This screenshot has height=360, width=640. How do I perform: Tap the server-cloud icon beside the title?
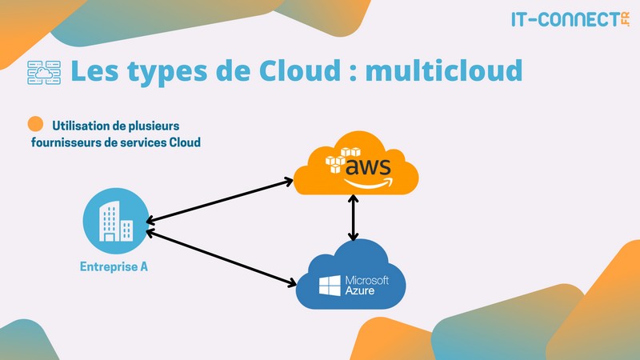tap(44, 72)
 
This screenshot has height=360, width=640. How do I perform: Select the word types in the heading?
tap(165, 72)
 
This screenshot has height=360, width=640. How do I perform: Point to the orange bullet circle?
tap(35, 125)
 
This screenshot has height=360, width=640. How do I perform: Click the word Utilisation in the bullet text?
tap(85, 126)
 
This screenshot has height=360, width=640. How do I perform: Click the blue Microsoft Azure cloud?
tap(353, 276)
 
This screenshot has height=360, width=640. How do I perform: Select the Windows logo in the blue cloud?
tap(329, 286)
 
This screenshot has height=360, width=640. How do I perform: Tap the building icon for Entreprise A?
tap(114, 221)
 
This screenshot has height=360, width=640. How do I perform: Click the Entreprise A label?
tap(114, 266)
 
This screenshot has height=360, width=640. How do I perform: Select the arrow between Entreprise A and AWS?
tap(219, 201)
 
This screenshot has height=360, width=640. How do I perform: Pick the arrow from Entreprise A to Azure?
tap(221, 256)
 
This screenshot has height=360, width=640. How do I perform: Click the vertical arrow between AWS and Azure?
tap(353, 218)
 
